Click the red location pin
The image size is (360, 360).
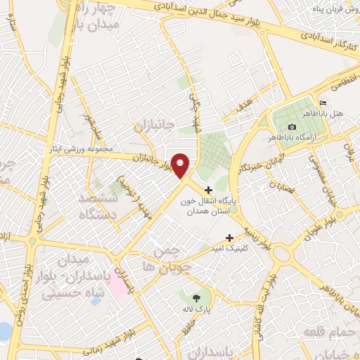[181, 165]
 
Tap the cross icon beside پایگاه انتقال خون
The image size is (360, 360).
[208, 189]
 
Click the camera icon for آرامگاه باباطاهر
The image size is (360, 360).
[292, 127]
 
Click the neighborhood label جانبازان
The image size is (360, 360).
[153, 125]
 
